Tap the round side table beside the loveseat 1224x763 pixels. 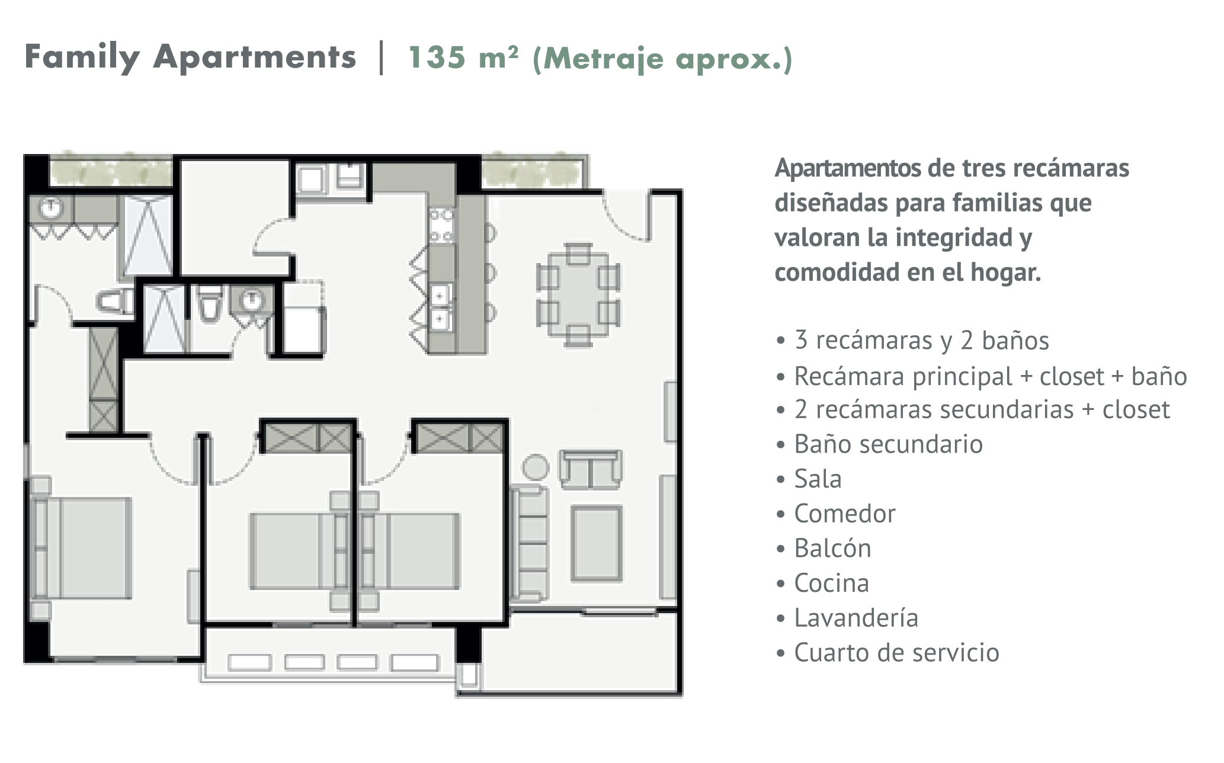536,467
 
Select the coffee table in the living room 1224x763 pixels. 597,543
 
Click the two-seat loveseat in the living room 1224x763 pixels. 591,469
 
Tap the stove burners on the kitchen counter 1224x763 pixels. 442,226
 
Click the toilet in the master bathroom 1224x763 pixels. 115,302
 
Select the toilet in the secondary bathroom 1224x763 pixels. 209,304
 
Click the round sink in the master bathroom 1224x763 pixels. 52,207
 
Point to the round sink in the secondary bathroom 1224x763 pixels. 253,300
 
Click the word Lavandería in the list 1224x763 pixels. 856,618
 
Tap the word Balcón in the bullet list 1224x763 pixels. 832,549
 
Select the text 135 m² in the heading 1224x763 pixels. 463,58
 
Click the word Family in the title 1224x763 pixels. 82,58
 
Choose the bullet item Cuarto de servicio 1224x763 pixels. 896,653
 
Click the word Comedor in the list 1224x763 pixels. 845,514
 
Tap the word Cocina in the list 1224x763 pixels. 831,584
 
